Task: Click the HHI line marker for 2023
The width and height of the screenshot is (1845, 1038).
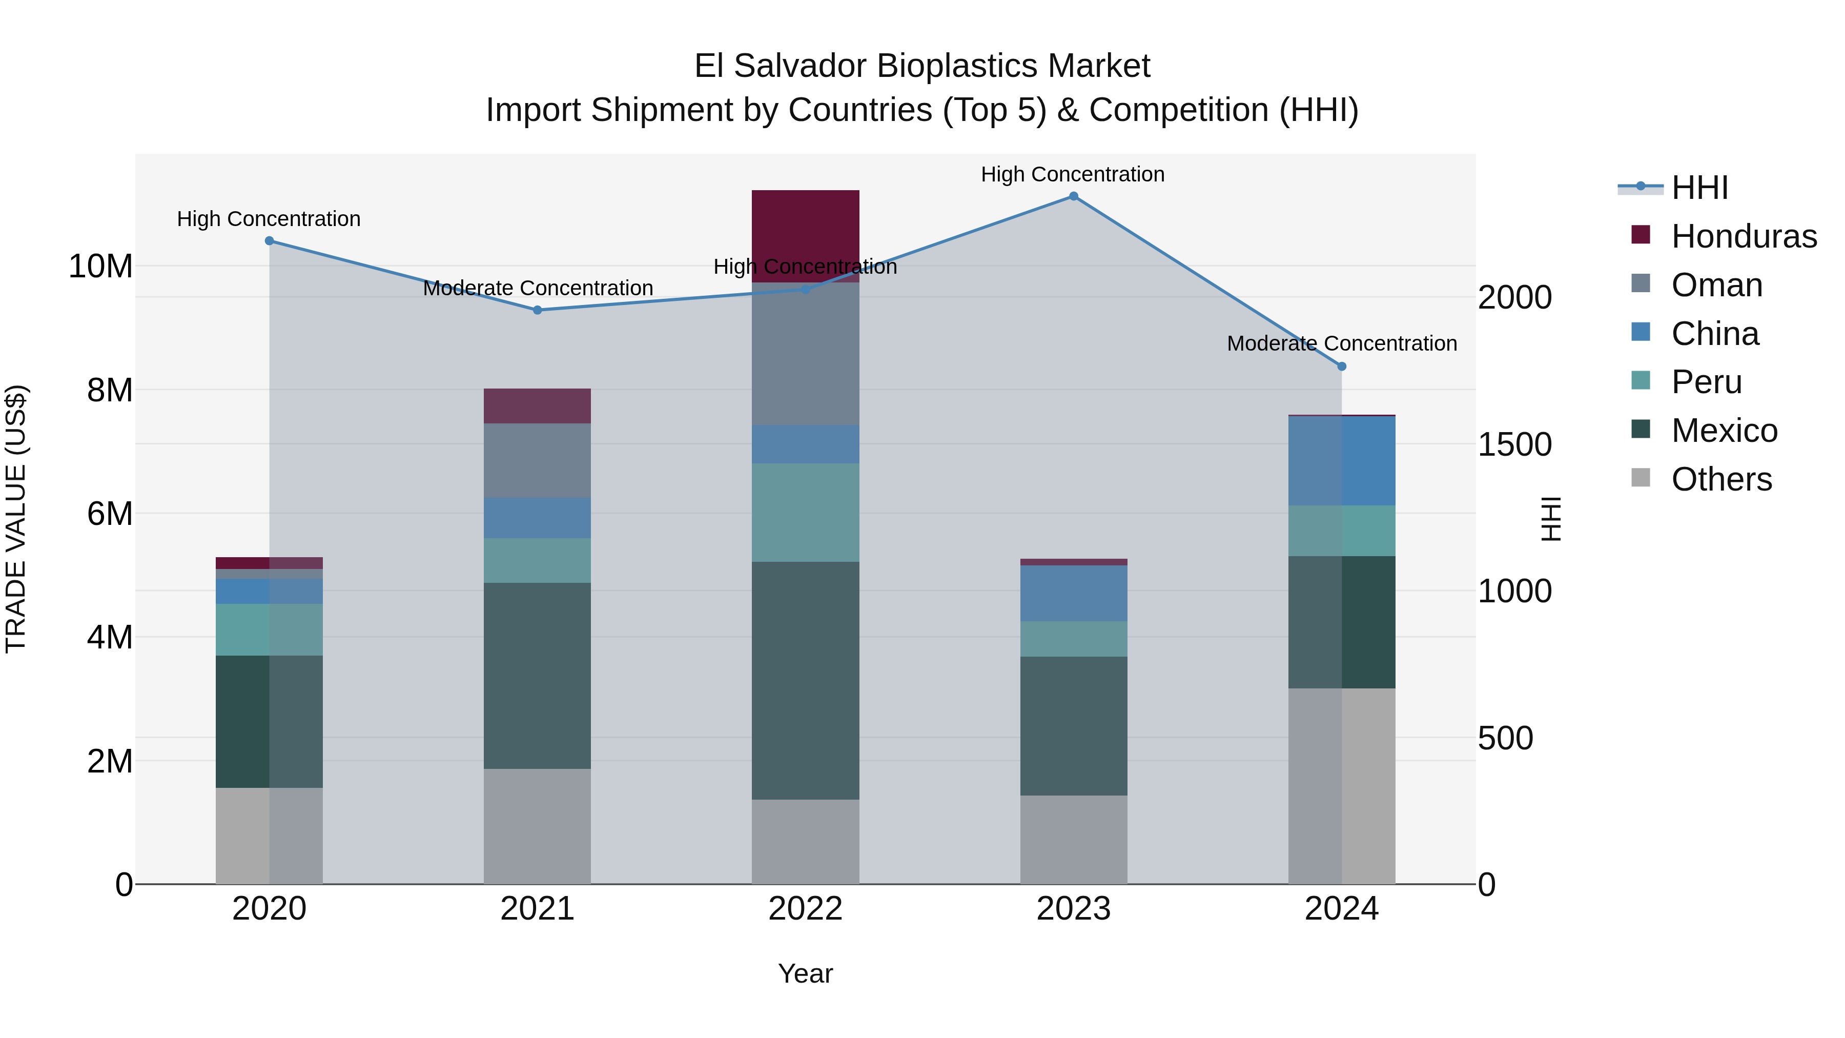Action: (1073, 196)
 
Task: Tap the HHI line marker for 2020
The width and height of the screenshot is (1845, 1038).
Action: (269, 241)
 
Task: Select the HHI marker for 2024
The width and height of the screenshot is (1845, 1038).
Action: (1342, 366)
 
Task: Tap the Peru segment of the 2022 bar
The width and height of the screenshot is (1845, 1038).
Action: (805, 512)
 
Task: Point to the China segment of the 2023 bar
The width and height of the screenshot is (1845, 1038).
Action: (1073, 593)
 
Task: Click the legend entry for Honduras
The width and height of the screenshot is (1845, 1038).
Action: (1744, 236)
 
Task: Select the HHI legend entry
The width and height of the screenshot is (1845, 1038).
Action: (1699, 188)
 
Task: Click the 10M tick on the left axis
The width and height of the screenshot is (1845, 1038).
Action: (100, 267)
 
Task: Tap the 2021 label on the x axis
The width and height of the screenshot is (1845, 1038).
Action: (537, 909)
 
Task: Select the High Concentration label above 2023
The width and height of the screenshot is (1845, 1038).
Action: (1072, 174)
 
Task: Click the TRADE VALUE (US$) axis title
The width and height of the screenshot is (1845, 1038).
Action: (16, 519)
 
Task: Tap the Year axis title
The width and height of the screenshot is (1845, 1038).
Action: (805, 973)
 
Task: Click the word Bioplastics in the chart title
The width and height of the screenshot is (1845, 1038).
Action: (956, 66)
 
